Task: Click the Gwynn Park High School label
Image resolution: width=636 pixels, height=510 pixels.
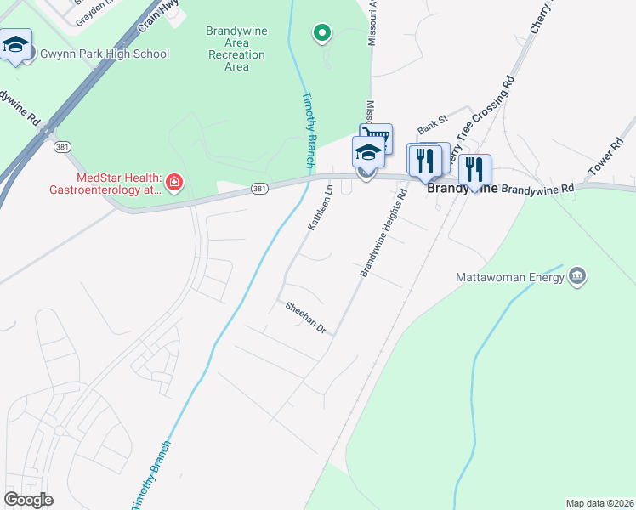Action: pyautogui.click(x=105, y=54)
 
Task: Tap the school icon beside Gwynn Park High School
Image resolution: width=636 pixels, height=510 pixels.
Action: pyautogui.click(x=16, y=45)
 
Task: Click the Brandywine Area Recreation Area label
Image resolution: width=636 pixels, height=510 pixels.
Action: pyautogui.click(x=236, y=48)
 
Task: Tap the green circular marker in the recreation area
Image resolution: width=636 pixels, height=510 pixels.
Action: pyautogui.click(x=322, y=33)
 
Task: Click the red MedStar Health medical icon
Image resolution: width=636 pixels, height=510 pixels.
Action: pyautogui.click(x=174, y=183)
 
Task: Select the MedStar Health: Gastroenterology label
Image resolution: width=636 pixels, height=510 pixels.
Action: pyautogui.click(x=119, y=184)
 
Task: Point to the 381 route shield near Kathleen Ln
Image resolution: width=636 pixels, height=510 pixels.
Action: pyautogui.click(x=259, y=189)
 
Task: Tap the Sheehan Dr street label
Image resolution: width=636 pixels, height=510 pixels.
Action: pyautogui.click(x=306, y=316)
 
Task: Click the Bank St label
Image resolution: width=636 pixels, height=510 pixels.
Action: pyautogui.click(x=431, y=126)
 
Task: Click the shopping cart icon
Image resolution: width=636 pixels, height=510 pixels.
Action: pyautogui.click(x=377, y=137)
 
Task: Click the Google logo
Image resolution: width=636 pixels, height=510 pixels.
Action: pyautogui.click(x=28, y=500)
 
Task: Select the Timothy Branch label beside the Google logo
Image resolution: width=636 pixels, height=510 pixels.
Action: pyautogui.click(x=150, y=476)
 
